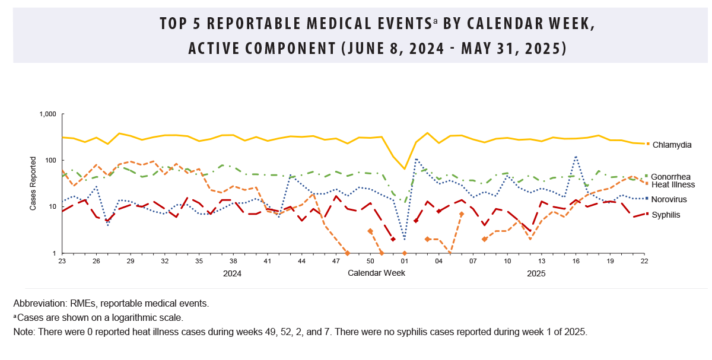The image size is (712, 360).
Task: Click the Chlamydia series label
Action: click(672, 144)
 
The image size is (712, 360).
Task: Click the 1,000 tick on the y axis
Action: click(47, 114)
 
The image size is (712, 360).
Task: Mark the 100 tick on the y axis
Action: click(50, 160)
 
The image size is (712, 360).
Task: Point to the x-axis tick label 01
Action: click(405, 261)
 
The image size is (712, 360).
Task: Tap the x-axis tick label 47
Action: click(336, 261)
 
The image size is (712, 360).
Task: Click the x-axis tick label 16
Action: click(576, 261)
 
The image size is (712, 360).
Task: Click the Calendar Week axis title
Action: click(376, 273)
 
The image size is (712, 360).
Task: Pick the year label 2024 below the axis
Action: click(232, 273)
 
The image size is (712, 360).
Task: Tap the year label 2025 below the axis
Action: click(536, 273)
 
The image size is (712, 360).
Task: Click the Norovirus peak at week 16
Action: click(576, 157)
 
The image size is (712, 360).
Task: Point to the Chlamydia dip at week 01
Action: click(405, 169)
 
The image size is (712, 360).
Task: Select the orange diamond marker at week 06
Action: click(462, 214)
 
